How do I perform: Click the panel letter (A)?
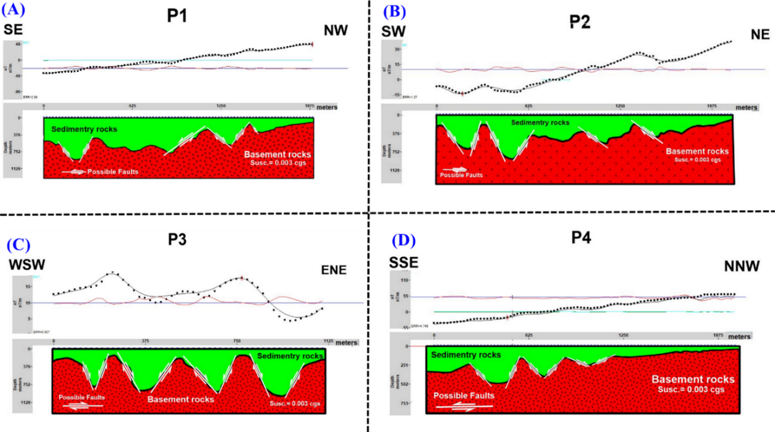(x=13, y=9)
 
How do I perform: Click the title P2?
(x=579, y=22)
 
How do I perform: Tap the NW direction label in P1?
(x=335, y=30)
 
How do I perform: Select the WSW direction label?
(x=27, y=265)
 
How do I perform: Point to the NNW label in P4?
(x=741, y=266)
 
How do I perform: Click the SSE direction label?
(x=404, y=263)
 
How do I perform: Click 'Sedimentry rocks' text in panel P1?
(x=84, y=129)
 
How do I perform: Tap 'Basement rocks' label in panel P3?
(x=180, y=399)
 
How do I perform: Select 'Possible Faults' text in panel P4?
(x=464, y=396)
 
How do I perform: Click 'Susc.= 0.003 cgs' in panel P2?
(x=697, y=160)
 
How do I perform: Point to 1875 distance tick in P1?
(x=310, y=106)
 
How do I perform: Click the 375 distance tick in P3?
(x=145, y=341)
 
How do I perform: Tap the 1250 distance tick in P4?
(x=623, y=336)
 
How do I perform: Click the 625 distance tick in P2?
(x=528, y=106)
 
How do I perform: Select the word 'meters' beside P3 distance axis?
(x=346, y=342)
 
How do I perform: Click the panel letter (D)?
(x=404, y=240)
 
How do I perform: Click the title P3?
(x=177, y=240)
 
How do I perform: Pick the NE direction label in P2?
(x=760, y=35)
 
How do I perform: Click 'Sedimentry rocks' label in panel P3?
(x=290, y=356)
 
